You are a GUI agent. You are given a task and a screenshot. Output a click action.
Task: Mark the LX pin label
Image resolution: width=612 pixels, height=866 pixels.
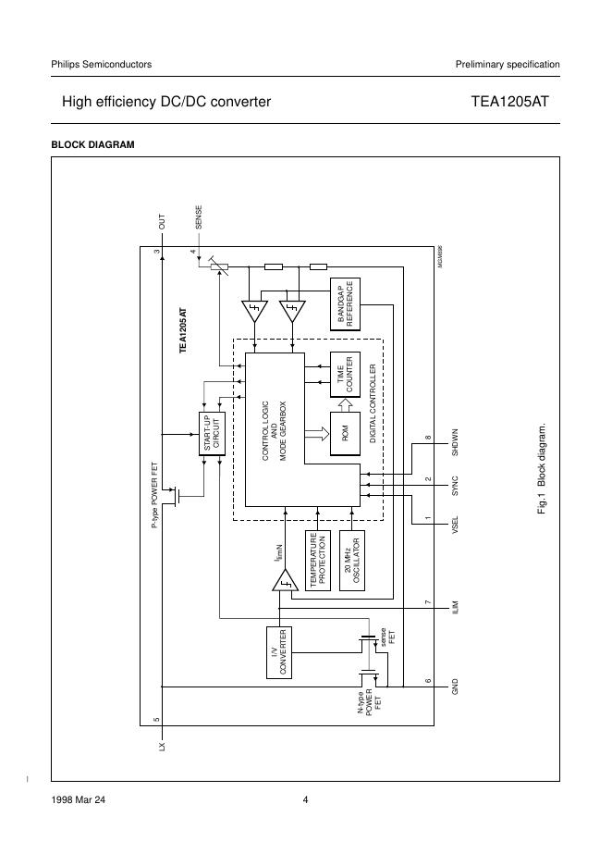point(162,742)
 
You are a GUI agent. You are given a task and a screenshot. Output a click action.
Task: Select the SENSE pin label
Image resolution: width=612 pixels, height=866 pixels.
point(199,217)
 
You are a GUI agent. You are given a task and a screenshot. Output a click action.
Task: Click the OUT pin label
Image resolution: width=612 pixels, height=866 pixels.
point(162,222)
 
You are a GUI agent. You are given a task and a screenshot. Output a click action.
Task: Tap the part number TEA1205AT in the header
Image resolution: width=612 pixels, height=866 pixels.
point(509,102)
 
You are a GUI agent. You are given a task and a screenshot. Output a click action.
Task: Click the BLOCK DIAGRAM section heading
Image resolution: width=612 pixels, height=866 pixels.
point(92,144)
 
